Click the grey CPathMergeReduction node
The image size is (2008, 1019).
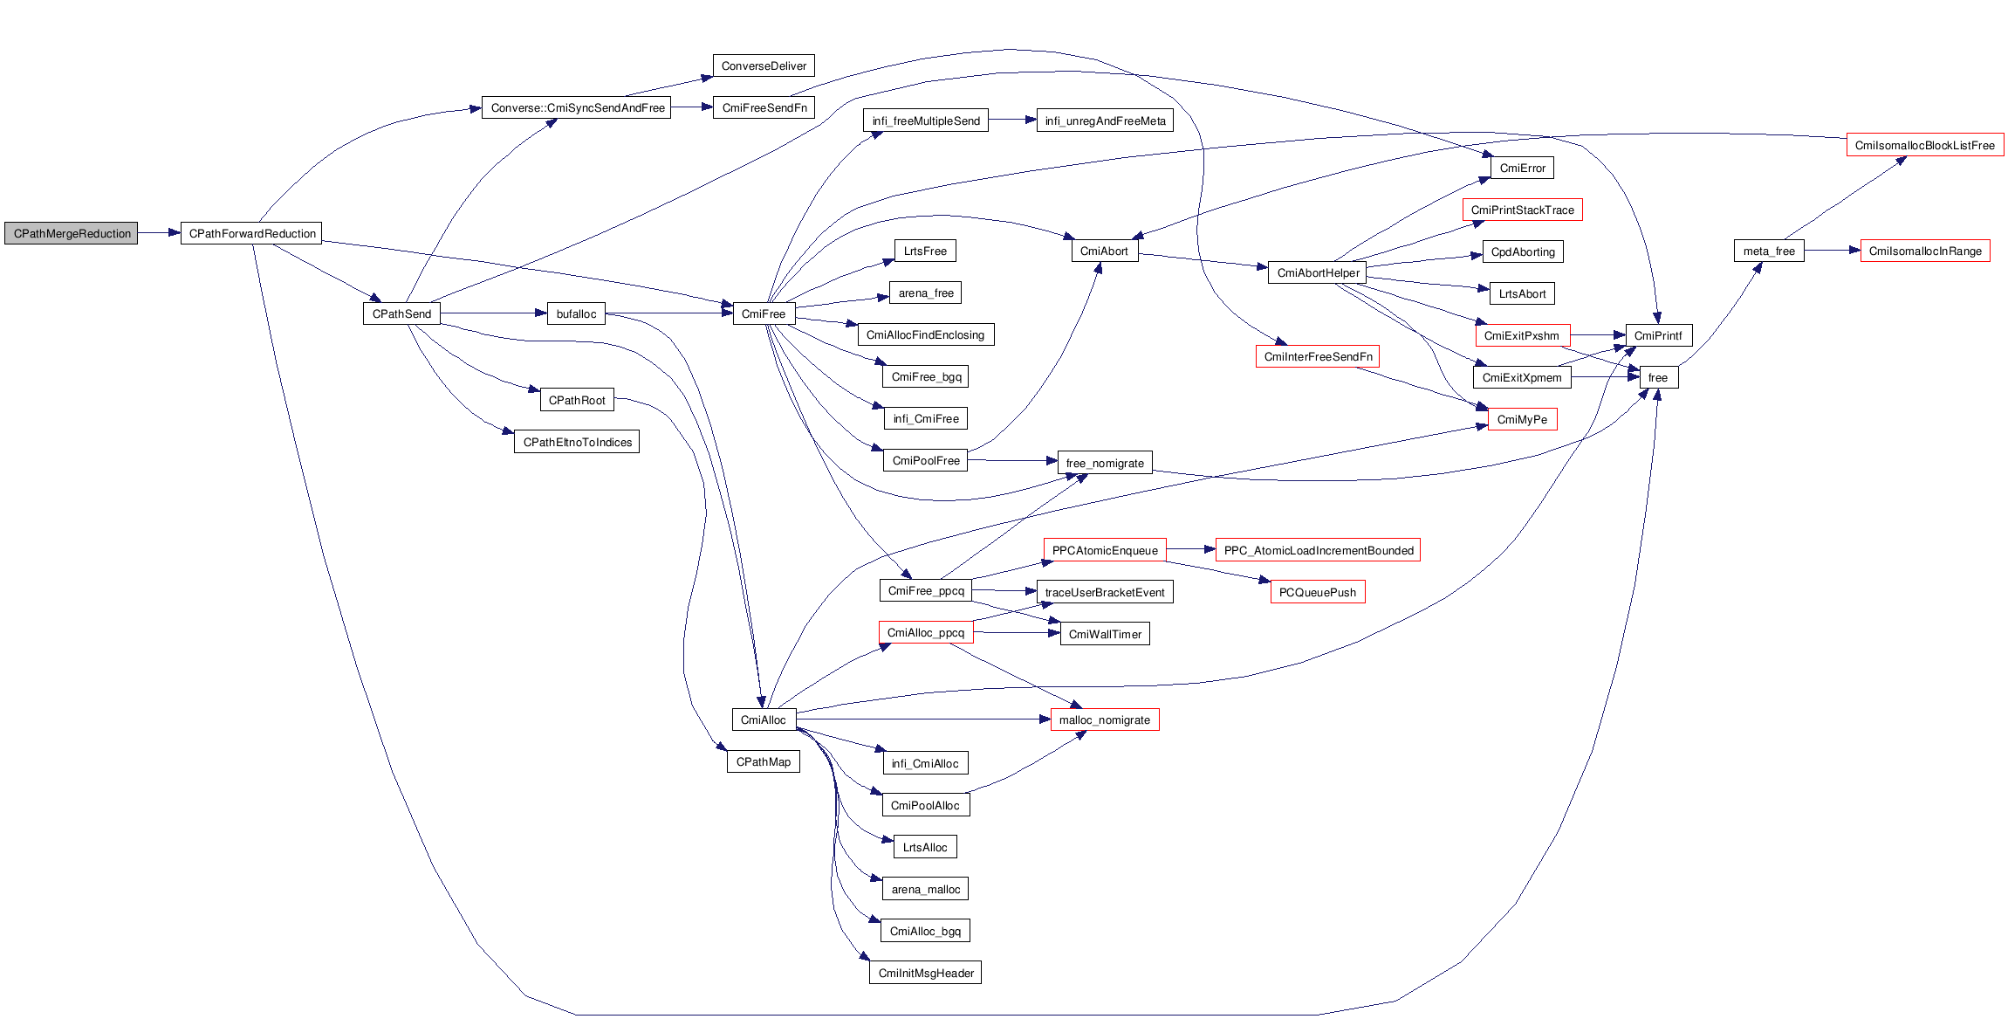[x=72, y=233]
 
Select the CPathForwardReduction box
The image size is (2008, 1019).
[x=251, y=233]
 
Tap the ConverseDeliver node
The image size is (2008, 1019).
[x=764, y=65]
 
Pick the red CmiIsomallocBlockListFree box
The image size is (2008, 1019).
[x=1924, y=145]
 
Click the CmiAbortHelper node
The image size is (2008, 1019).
[x=1317, y=272]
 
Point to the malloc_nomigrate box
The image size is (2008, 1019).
[x=1105, y=719]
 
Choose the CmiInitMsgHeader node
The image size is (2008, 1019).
[x=925, y=973]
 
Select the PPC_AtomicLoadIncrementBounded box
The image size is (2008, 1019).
[x=1318, y=550]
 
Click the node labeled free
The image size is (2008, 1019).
[x=1658, y=377]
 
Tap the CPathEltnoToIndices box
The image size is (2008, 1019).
[x=577, y=442]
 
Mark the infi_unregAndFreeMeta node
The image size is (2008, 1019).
[x=1105, y=120]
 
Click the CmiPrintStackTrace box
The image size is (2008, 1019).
[x=1522, y=210]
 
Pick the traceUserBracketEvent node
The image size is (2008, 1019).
[x=1105, y=592]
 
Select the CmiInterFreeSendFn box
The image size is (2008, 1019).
[x=1318, y=356]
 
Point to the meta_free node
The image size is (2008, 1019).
[x=1769, y=251]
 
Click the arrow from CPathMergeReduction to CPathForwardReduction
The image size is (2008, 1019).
[x=159, y=233]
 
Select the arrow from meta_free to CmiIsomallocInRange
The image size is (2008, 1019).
[x=1832, y=251]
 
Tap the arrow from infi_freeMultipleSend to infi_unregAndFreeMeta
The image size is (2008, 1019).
[x=1012, y=120]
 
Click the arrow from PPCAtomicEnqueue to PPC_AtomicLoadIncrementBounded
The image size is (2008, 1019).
[x=1191, y=549]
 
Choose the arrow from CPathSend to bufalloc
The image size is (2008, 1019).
[x=493, y=313]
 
